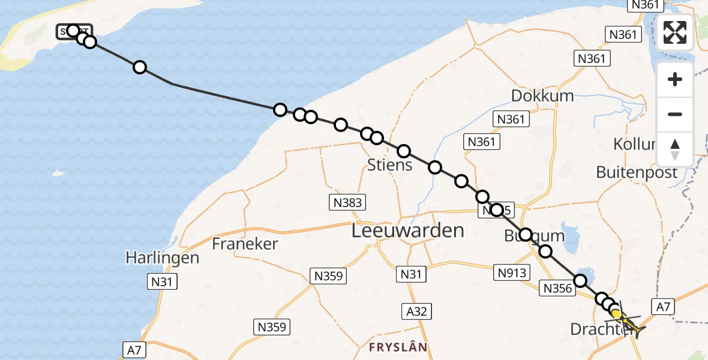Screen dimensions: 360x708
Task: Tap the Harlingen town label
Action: (162, 258)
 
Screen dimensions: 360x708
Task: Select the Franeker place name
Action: (245, 244)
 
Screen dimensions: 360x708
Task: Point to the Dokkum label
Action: (542, 95)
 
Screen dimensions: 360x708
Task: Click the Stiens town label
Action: (391, 164)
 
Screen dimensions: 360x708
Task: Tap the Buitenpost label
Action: (637, 173)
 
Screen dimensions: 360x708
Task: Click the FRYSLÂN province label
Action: (398, 347)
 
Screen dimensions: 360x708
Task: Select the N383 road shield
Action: (347, 202)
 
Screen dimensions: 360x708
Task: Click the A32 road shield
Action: (416, 311)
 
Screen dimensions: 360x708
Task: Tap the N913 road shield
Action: (511, 273)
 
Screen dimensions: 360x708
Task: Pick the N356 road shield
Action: (557, 289)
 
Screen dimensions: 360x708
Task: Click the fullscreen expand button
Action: (675, 32)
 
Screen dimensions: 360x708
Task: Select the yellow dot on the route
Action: (616, 313)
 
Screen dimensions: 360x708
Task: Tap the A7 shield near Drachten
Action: (662, 307)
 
